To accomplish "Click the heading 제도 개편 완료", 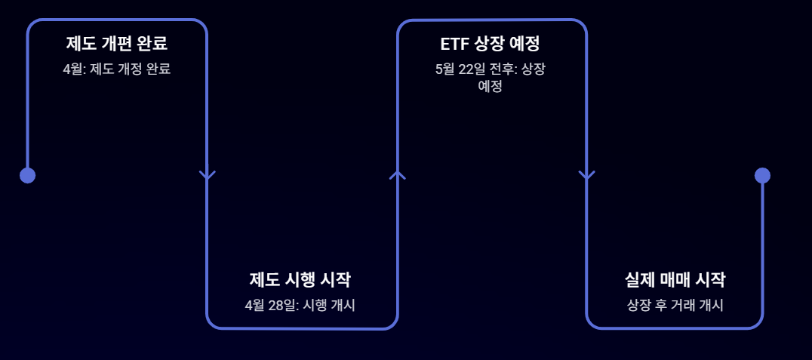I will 116,43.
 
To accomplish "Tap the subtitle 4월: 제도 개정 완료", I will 116,69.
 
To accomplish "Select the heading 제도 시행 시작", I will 300,279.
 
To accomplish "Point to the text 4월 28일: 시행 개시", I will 300,306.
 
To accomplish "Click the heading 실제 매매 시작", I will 675,279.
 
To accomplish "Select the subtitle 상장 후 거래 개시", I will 675,306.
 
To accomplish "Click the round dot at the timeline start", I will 27,175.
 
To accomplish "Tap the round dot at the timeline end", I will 762,175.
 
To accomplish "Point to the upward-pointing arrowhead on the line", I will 398,174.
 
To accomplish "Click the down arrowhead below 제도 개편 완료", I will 208,176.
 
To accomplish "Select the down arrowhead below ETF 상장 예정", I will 586,176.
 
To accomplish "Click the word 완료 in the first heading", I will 152,43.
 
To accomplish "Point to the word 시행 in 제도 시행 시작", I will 300,279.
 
